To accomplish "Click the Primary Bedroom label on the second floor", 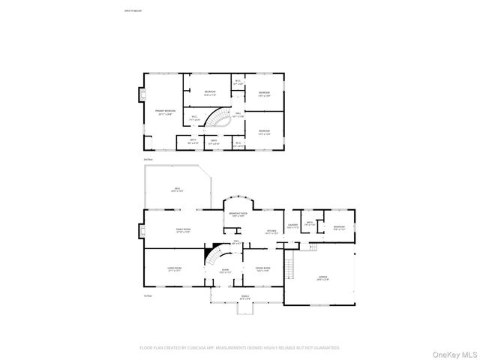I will [165, 112].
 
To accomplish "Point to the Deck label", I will [177, 189].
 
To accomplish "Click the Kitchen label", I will [272, 232].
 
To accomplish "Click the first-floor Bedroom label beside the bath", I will [338, 227].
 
